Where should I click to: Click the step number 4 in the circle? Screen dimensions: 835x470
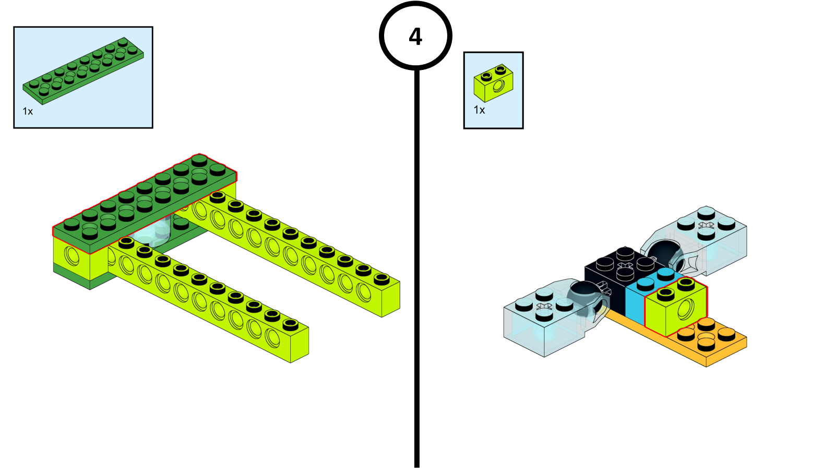point(415,37)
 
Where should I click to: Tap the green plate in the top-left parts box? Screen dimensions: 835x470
point(83,70)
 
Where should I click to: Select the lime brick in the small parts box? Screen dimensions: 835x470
point(493,83)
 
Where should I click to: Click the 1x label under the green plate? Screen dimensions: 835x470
point(28,111)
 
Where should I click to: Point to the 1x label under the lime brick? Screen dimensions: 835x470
point(479,110)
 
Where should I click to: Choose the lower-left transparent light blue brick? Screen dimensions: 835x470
point(548,321)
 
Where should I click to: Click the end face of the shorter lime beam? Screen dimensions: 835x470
point(300,345)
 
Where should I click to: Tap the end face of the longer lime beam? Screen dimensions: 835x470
point(391,299)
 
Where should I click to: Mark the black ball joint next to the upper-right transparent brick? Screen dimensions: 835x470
point(667,254)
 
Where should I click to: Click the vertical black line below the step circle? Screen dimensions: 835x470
point(417,268)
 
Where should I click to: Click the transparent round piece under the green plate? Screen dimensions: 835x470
point(153,233)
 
